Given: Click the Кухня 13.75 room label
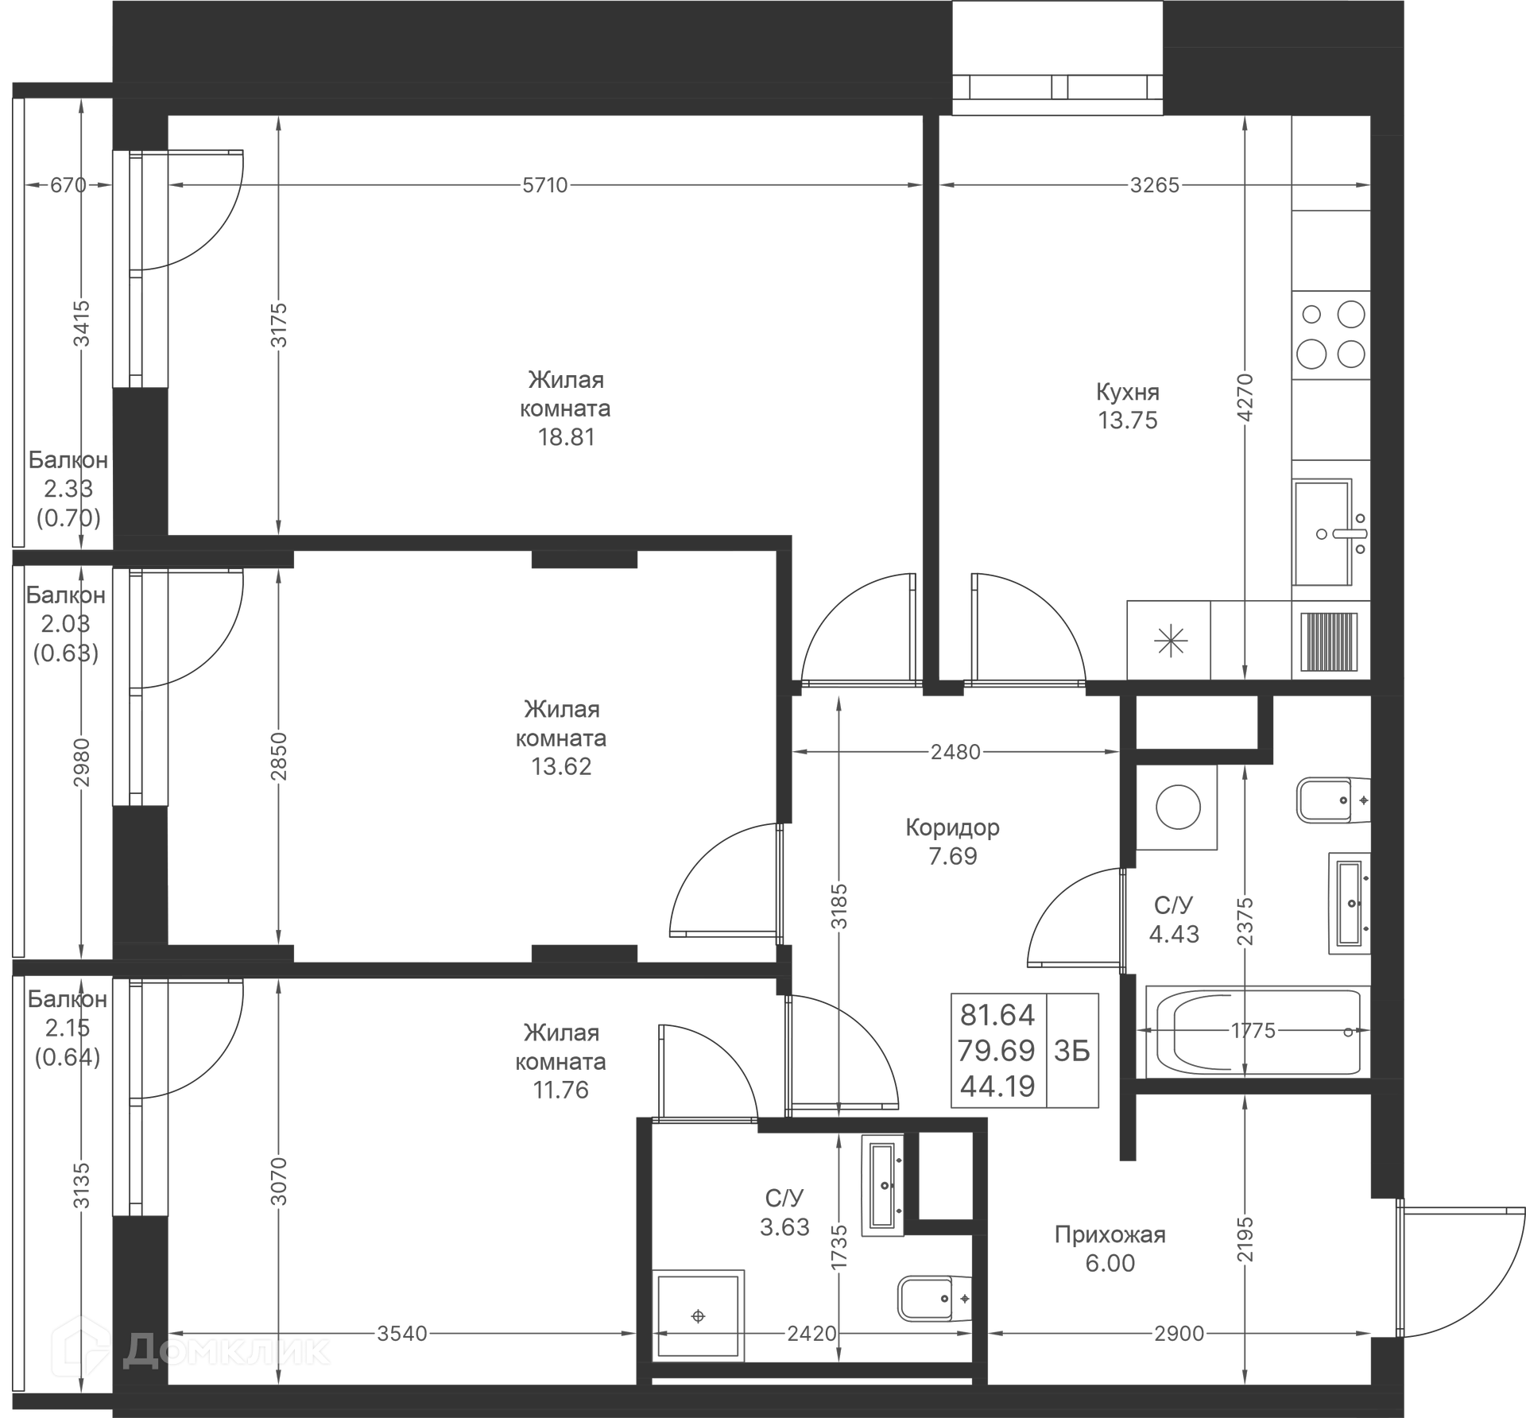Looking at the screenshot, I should pyautogui.click(x=1128, y=406).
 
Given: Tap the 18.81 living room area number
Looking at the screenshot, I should pyautogui.click(x=566, y=437).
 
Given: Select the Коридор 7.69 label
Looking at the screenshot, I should pyautogui.click(x=952, y=842).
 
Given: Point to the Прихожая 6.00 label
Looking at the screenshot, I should pyautogui.click(x=1110, y=1249).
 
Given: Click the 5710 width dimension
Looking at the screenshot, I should pyautogui.click(x=545, y=185).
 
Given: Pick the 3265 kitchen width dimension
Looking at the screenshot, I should pyautogui.click(x=1154, y=185).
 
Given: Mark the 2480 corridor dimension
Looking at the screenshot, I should pyautogui.click(x=955, y=752).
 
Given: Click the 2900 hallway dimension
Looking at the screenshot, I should pyautogui.click(x=1179, y=1334).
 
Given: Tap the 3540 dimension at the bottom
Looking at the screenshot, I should pyautogui.click(x=402, y=1333).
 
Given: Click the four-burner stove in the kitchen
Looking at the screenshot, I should pyautogui.click(x=1330, y=335).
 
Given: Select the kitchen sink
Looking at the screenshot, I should pyautogui.click(x=1324, y=533).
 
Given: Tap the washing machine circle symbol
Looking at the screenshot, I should pyautogui.click(x=1177, y=808).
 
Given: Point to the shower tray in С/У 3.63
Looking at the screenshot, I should pyautogui.click(x=698, y=1316).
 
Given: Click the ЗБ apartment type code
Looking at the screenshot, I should pyautogui.click(x=1072, y=1051).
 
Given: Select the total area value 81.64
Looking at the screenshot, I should pyautogui.click(x=997, y=1015).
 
